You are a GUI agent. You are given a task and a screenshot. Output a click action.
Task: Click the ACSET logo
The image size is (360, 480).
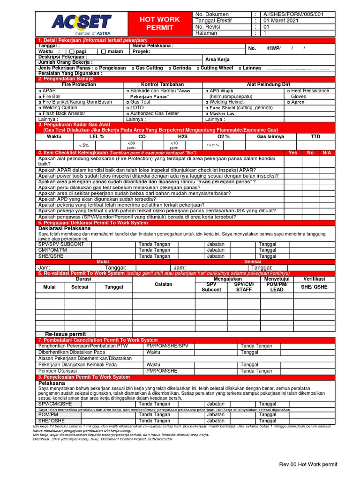[x=81, y=22]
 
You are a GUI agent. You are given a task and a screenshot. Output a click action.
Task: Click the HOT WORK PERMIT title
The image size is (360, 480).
[x=160, y=23]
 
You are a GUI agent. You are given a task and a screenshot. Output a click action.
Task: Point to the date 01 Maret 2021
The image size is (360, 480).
[x=280, y=21]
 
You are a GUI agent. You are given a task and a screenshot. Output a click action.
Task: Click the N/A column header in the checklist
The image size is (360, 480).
[x=327, y=153]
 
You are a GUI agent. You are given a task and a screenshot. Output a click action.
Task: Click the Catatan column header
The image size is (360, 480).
[x=163, y=284]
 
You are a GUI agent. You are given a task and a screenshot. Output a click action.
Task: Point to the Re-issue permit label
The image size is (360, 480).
[x=65, y=334]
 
